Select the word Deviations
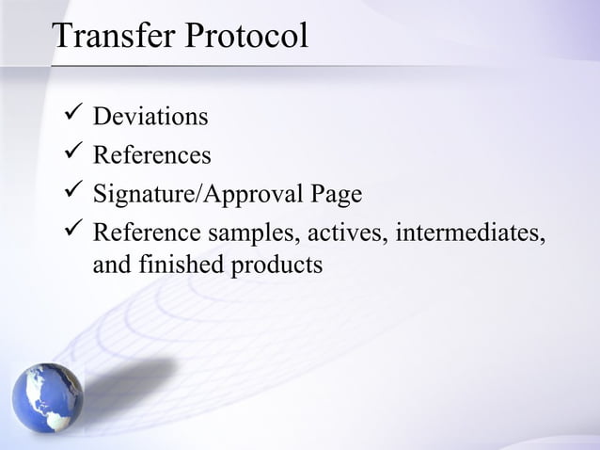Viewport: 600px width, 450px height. pyautogui.click(x=150, y=119)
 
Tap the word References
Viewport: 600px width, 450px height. pyautogui.click(x=152, y=155)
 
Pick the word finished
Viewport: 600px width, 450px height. pyautogui.click(x=180, y=265)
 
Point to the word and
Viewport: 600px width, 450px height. pyautogui.click(x=112, y=265)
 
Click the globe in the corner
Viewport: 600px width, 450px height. pyautogui.click(x=47, y=397)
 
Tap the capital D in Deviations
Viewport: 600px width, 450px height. pyautogui.click(x=103, y=119)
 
